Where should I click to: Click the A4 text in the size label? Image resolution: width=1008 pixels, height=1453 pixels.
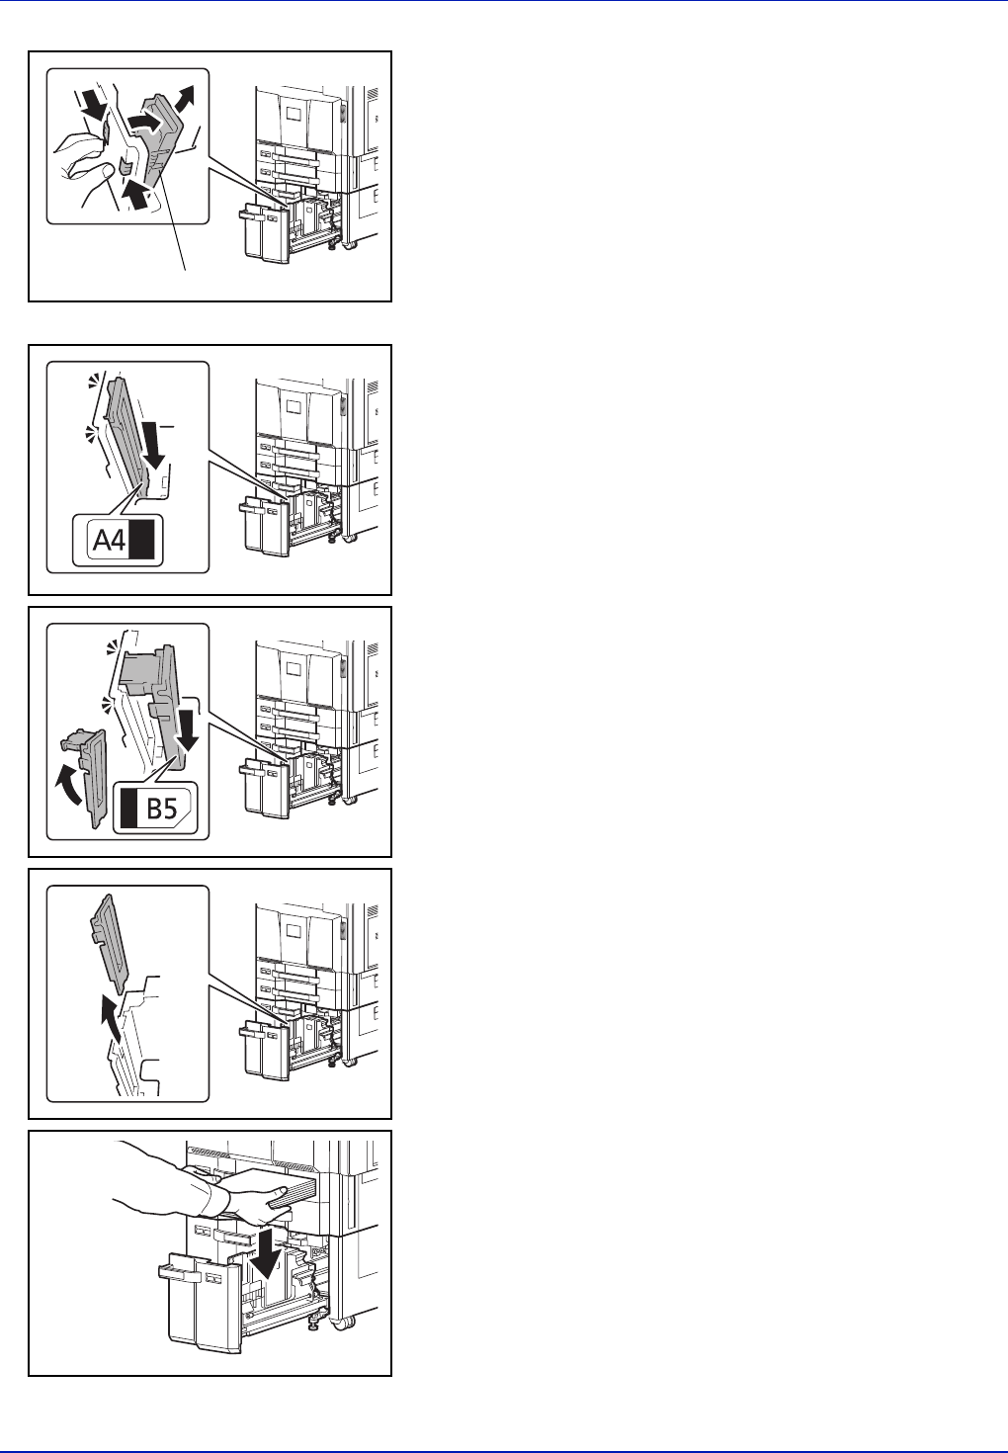pos(109,539)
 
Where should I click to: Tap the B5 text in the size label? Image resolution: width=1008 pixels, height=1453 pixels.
pos(161,809)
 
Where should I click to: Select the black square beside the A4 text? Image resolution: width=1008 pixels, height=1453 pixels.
pos(142,539)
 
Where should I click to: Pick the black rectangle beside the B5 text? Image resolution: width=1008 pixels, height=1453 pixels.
pos(129,809)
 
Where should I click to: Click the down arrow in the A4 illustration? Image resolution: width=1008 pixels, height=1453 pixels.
pos(155,445)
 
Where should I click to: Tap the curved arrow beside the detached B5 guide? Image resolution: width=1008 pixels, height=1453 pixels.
pos(69,784)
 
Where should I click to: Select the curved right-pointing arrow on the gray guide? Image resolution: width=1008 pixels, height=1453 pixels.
pos(145,122)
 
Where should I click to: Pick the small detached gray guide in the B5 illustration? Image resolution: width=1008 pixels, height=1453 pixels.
pos(83,777)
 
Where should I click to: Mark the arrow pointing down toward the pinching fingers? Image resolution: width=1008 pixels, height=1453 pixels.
pos(95,105)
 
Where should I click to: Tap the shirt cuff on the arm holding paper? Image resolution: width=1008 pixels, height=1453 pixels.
pos(209,1183)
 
